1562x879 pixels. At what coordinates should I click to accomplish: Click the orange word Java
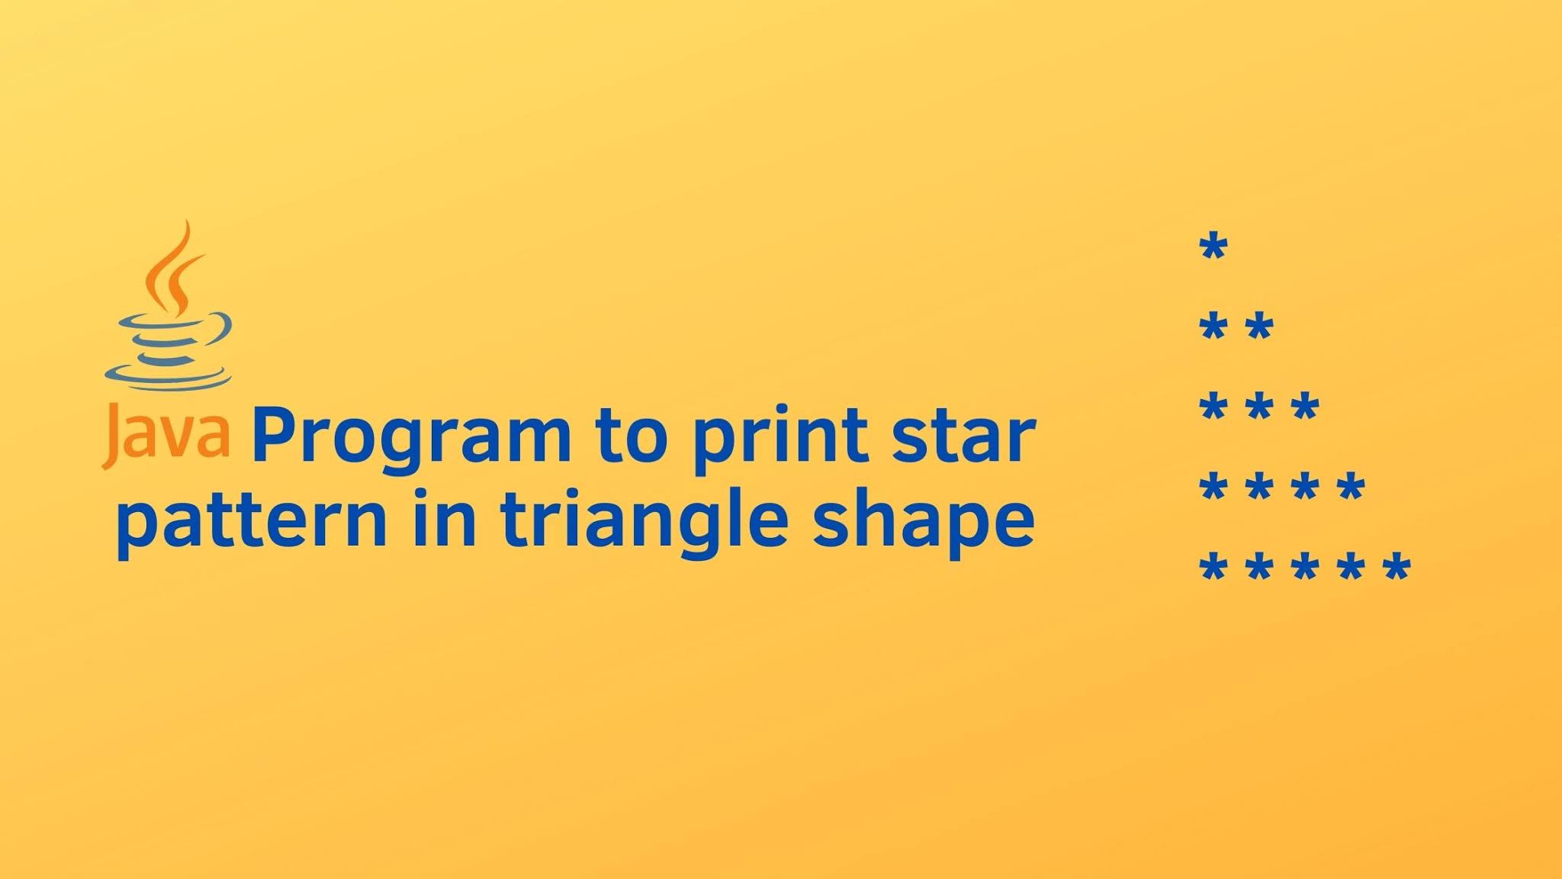pos(166,436)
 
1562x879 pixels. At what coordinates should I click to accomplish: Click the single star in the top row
pos(1213,248)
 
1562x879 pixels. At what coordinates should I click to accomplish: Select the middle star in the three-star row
pos(1259,407)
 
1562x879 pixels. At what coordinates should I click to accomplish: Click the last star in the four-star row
pos(1351,486)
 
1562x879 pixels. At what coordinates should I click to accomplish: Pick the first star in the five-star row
pos(1213,568)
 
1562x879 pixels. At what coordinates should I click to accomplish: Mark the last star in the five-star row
pos(1397,568)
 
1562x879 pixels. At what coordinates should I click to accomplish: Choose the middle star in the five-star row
pos(1305,568)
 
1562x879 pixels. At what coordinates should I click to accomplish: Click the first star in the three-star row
pos(1213,407)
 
